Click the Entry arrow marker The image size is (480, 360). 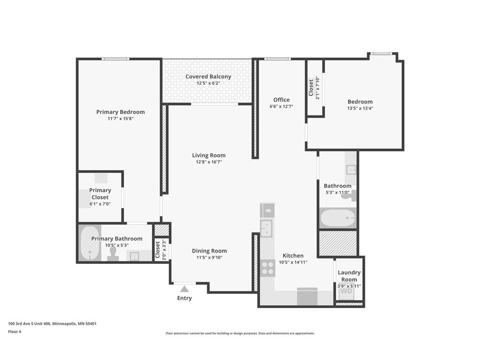pyautogui.click(x=185, y=289)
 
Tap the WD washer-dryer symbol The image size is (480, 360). pyautogui.click(x=346, y=291)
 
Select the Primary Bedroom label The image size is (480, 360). pyautogui.click(x=120, y=112)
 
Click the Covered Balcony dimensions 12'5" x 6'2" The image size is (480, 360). pyautogui.click(x=208, y=83)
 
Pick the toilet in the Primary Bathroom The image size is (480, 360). pyautogui.click(x=112, y=253)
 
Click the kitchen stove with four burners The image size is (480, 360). pyautogui.click(x=268, y=268)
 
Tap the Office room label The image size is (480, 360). pyautogui.click(x=281, y=100)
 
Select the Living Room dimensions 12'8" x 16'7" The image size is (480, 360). pyautogui.click(x=209, y=162)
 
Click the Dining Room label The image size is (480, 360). pyautogui.click(x=209, y=251)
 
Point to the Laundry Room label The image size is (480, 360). pyautogui.click(x=349, y=276)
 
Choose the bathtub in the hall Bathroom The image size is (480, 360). pyautogui.click(x=337, y=218)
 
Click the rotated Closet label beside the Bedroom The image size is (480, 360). pyautogui.click(x=311, y=88)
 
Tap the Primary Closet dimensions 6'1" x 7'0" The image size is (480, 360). pyautogui.click(x=100, y=204)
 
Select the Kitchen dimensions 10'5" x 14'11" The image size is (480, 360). pyautogui.click(x=293, y=262)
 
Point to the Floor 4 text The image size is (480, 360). pyautogui.click(x=15, y=331)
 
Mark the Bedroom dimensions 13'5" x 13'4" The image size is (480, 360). pyautogui.click(x=360, y=108)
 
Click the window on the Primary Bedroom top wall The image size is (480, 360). pyautogui.click(x=116, y=59)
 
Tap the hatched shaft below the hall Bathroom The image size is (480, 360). pyautogui.click(x=338, y=243)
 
